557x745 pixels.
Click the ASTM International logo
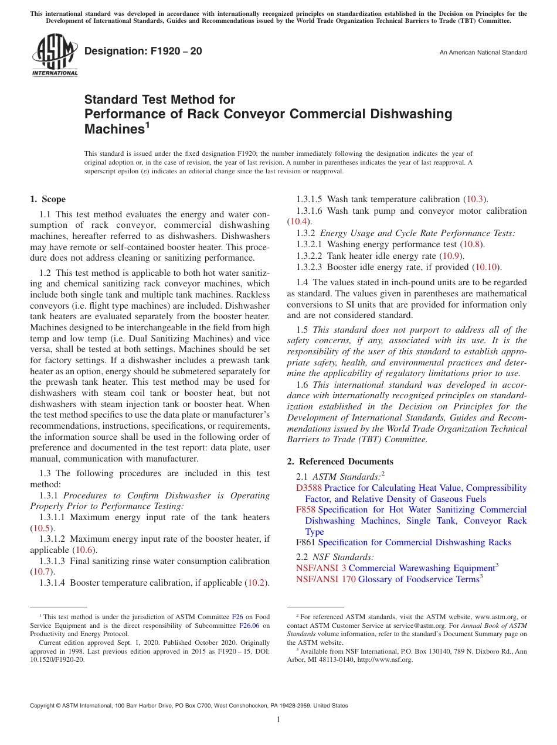[55, 55]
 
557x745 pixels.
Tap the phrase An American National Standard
[483, 53]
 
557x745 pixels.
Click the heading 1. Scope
[48, 199]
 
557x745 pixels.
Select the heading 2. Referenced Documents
[340, 462]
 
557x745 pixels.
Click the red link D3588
[309, 488]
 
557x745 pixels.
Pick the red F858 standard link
[306, 510]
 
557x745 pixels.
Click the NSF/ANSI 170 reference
[326, 579]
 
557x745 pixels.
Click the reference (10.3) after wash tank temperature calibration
[475, 199]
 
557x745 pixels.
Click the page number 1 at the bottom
[278, 719]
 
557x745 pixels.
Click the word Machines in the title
[114, 128]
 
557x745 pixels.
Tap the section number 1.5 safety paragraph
[302, 330]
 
